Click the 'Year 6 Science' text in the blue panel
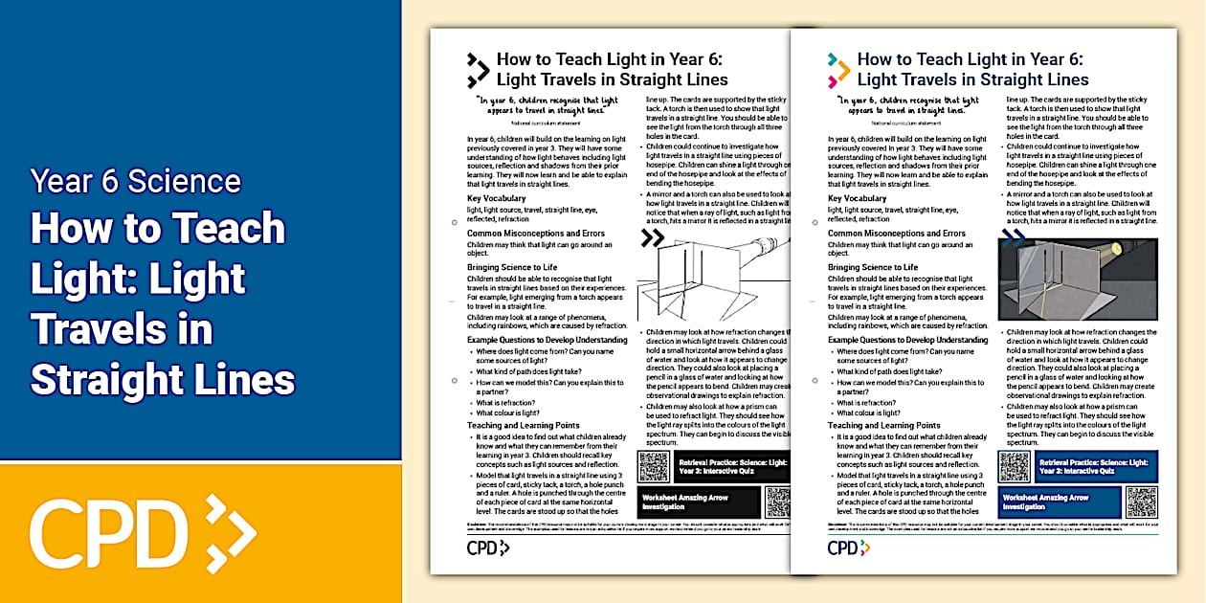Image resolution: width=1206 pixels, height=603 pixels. (x=135, y=181)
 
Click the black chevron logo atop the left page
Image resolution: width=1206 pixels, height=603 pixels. (x=478, y=70)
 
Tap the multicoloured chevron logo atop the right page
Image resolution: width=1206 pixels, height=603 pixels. (x=838, y=70)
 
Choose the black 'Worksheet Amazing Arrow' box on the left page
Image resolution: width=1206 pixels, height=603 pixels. (x=700, y=502)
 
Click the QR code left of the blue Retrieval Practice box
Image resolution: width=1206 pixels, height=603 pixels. (x=1014, y=466)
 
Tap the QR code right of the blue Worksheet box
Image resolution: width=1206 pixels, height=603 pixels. (x=1142, y=502)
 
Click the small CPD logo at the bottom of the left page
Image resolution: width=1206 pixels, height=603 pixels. (x=488, y=547)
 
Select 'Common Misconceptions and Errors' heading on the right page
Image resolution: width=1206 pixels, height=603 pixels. (x=896, y=233)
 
